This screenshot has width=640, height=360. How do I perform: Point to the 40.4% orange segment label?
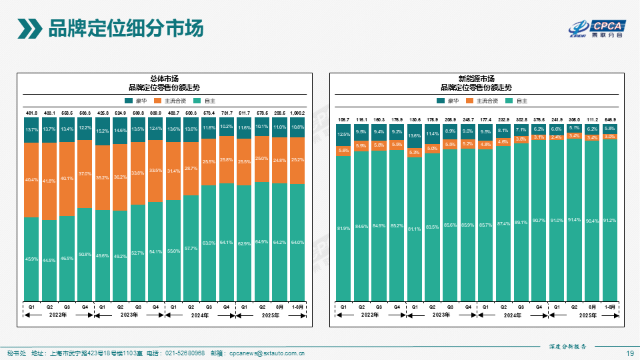(31, 179)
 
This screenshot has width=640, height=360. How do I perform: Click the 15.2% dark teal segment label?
(103, 131)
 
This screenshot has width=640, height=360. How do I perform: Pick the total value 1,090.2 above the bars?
(297, 113)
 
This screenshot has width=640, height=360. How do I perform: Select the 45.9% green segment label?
(31, 259)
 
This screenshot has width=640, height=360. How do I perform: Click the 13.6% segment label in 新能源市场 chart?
(415, 136)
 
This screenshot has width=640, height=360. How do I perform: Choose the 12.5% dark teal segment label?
(343, 135)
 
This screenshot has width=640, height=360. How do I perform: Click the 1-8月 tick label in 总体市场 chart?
(297, 307)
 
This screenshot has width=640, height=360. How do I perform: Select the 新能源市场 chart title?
(476, 79)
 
